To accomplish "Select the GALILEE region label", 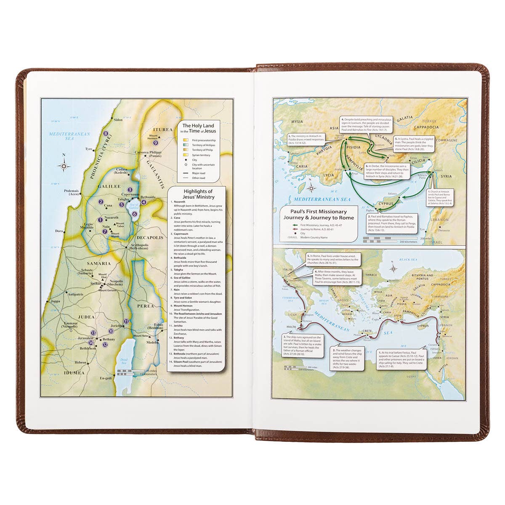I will [109, 186].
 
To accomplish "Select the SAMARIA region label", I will [99, 263].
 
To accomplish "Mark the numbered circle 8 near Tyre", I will [106, 134].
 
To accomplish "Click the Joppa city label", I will [55, 301].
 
